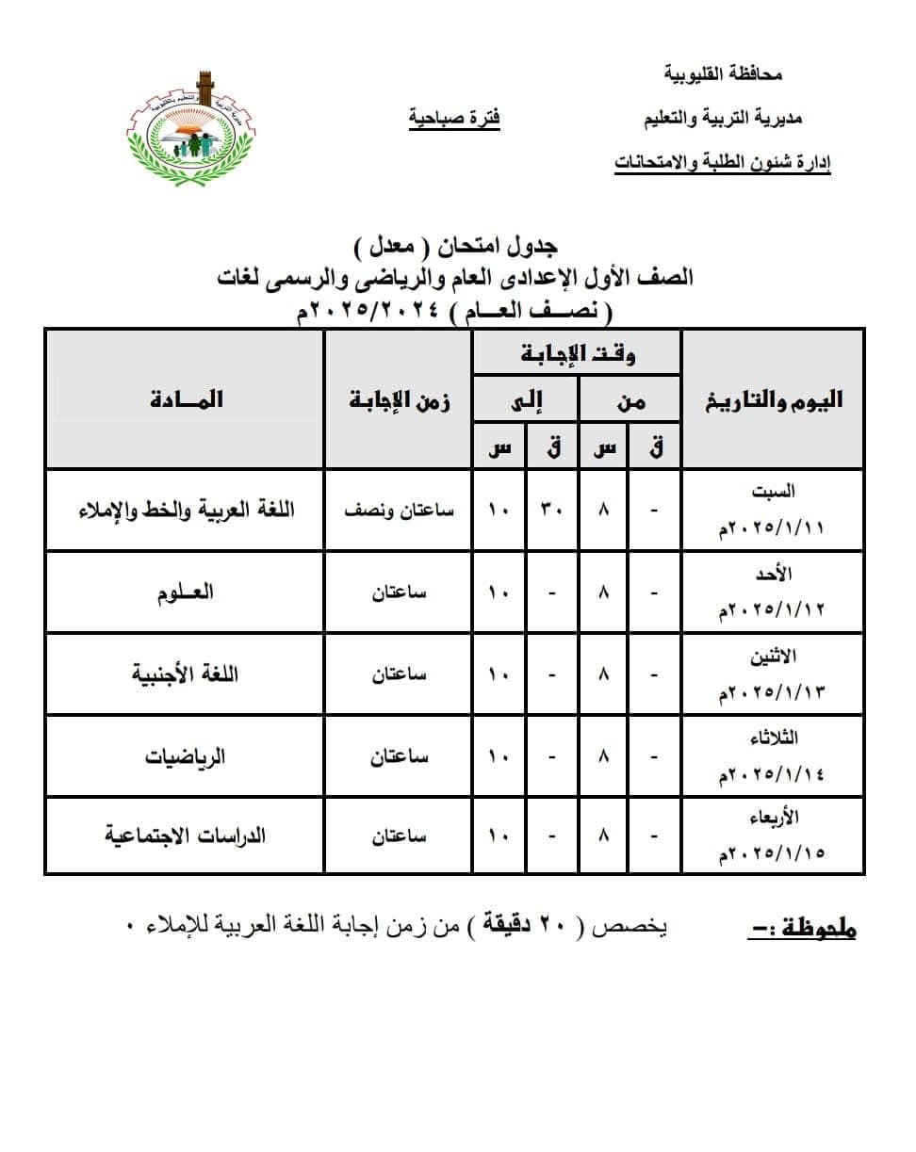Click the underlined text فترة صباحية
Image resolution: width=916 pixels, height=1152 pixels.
click(454, 119)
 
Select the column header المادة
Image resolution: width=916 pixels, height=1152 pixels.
click(186, 399)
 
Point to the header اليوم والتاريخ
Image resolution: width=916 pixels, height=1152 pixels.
click(772, 399)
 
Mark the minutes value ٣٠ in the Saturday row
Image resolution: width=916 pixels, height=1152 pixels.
click(551, 511)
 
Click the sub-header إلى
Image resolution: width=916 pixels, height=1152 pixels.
click(526, 402)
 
